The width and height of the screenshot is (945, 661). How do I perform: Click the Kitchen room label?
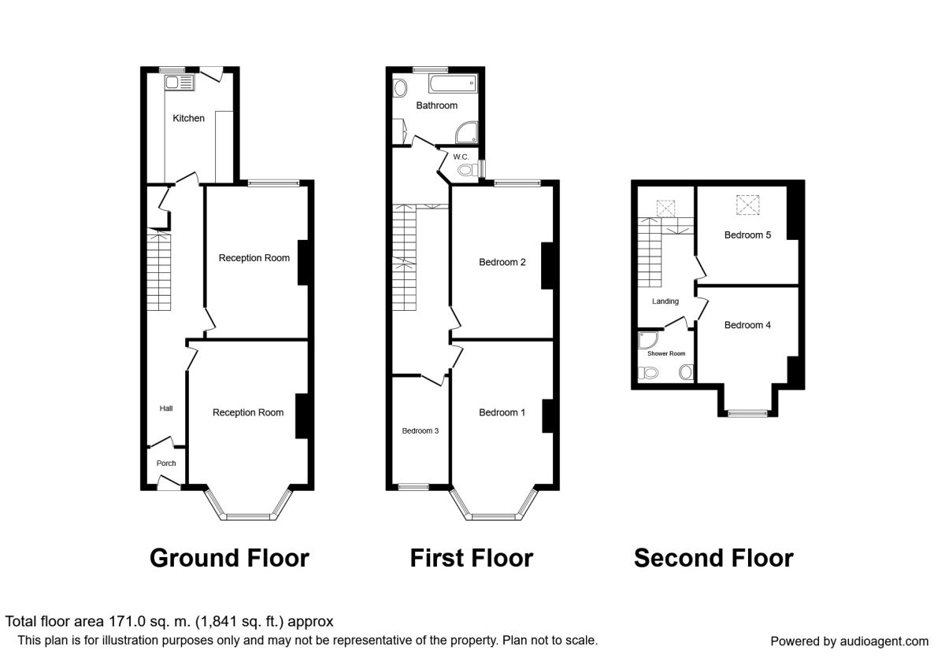[188, 119]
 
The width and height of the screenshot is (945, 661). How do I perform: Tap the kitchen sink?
[180, 83]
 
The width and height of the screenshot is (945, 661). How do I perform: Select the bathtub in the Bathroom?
[453, 83]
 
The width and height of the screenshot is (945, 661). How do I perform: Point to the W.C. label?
[461, 157]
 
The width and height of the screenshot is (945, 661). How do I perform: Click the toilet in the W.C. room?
[468, 170]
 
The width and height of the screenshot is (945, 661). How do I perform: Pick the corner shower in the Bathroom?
[466, 133]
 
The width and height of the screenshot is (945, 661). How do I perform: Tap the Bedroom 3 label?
[421, 431]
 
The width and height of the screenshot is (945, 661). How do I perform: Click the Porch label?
[166, 463]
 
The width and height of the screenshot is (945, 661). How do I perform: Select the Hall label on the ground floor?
[166, 408]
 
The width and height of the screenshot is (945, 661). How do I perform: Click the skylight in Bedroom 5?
[748, 205]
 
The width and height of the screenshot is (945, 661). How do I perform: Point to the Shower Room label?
[666, 353]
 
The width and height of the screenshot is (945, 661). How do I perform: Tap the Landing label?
[665, 301]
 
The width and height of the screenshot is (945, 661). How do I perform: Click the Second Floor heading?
[713, 558]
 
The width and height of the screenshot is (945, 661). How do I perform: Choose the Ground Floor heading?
[229, 558]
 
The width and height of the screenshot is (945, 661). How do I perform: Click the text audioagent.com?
[884, 641]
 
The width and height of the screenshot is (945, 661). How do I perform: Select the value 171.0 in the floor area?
[126, 622]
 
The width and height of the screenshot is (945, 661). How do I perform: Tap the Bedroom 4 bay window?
[748, 414]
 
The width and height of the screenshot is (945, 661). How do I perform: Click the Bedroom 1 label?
[502, 412]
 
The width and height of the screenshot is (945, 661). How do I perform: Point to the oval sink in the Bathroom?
[400, 88]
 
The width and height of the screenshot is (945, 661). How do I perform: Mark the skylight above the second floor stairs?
[665, 209]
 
